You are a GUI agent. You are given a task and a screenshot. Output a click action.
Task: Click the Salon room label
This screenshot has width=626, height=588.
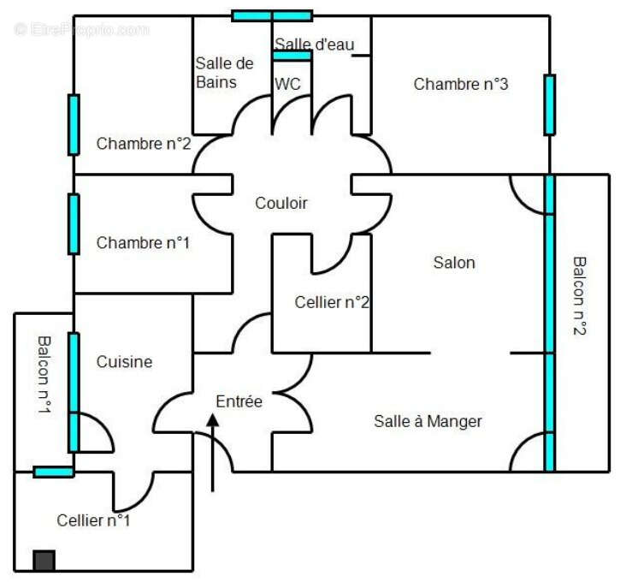453,263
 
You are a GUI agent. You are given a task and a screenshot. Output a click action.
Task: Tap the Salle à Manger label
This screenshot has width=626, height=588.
428,421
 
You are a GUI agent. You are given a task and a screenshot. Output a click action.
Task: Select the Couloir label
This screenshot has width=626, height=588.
281,204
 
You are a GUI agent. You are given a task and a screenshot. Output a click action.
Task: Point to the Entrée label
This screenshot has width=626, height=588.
239,401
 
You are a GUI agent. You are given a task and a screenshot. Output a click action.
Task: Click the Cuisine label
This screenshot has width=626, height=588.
124,362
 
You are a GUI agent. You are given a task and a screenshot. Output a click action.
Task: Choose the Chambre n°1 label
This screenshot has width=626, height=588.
143,243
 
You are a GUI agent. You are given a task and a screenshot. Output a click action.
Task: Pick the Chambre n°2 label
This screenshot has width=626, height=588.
143,144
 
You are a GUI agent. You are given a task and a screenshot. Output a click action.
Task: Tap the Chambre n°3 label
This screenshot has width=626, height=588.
461,84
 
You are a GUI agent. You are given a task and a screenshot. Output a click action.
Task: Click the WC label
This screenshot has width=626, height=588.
286,84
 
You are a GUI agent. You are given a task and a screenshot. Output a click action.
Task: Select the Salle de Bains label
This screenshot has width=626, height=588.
224,73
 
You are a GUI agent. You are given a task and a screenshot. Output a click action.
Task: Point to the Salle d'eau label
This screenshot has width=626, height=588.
314,44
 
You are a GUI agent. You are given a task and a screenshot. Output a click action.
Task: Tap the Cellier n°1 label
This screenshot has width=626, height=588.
94,520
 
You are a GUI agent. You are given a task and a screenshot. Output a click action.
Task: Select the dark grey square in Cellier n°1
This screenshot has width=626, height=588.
44,561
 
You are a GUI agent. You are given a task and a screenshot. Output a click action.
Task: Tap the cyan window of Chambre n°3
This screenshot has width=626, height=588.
549,104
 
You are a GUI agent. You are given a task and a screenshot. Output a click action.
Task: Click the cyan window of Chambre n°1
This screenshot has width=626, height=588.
74,224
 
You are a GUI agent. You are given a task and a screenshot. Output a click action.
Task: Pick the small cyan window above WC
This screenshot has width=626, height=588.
292,56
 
